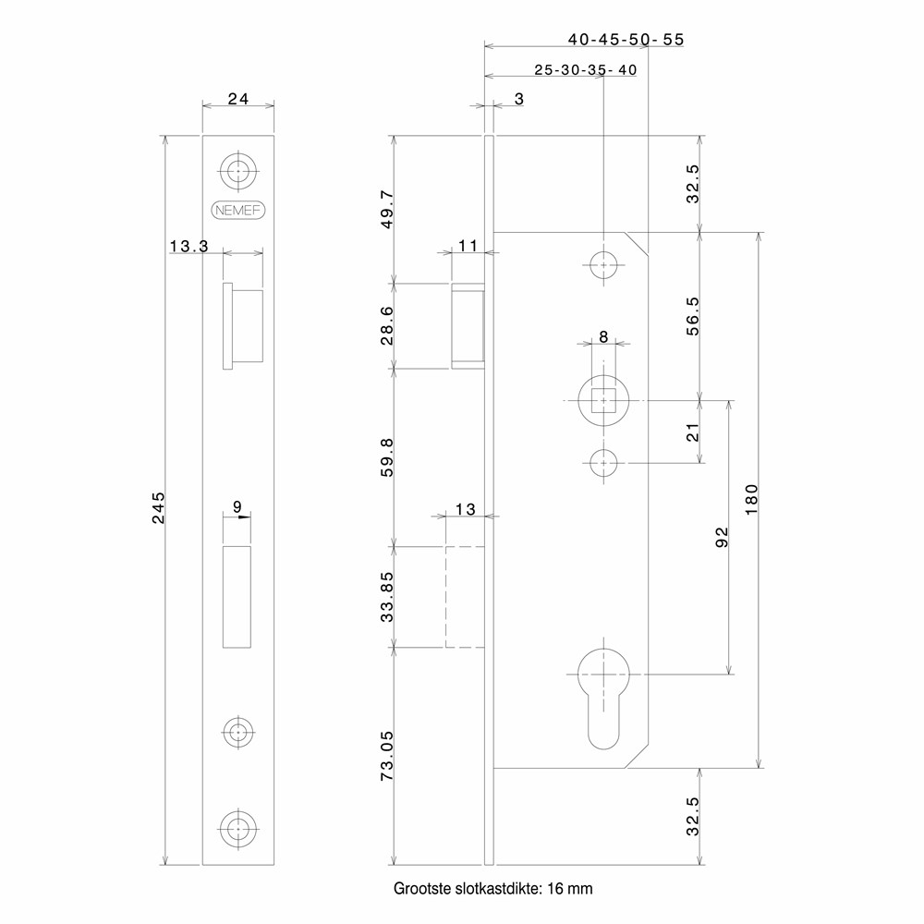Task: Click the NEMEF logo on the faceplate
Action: coord(239,210)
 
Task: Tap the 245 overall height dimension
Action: coord(158,508)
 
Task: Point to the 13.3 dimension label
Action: coord(188,247)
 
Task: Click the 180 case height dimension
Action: coord(750,500)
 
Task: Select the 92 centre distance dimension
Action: coord(723,538)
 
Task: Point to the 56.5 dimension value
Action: coord(692,314)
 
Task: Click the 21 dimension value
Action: coord(692,430)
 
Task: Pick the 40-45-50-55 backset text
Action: coord(626,39)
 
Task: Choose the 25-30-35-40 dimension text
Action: coord(585,69)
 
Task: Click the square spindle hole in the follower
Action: coord(603,401)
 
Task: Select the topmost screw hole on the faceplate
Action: coord(239,171)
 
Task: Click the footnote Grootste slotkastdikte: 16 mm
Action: coord(492,889)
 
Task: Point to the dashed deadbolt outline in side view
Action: coord(465,597)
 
